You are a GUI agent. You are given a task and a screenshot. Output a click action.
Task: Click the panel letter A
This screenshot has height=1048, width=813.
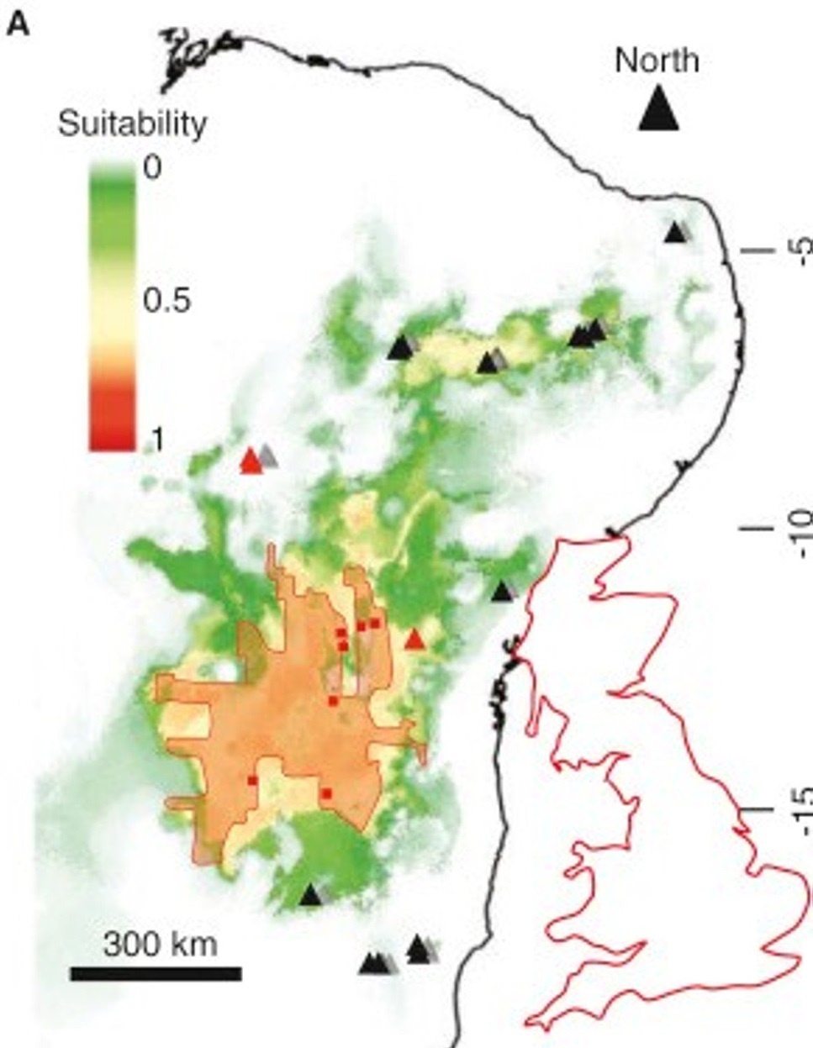click(17, 25)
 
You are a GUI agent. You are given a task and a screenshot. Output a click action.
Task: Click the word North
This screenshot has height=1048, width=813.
click(657, 61)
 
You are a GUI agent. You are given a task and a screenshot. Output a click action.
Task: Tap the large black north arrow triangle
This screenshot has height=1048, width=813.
click(658, 112)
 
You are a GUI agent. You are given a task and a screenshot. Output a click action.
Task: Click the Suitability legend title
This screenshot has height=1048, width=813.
click(132, 124)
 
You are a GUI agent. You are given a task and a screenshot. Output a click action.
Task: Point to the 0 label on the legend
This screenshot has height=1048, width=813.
click(151, 169)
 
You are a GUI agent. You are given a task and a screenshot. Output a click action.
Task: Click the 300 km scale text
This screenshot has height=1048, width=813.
click(160, 944)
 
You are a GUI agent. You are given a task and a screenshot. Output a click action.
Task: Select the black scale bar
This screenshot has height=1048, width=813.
click(156, 974)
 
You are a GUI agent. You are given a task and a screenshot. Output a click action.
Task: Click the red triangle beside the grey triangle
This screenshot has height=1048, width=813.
click(251, 461)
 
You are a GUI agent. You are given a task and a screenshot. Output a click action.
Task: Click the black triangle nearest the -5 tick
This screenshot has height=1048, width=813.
click(674, 233)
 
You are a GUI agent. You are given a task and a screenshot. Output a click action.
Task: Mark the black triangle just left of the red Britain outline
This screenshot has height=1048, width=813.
click(502, 592)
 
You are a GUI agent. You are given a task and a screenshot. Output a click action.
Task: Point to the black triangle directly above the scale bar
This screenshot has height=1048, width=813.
click(310, 896)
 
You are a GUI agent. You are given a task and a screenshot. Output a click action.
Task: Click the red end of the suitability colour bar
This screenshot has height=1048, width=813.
click(112, 437)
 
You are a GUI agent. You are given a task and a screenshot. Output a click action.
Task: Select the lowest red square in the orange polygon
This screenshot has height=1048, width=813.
click(326, 793)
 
